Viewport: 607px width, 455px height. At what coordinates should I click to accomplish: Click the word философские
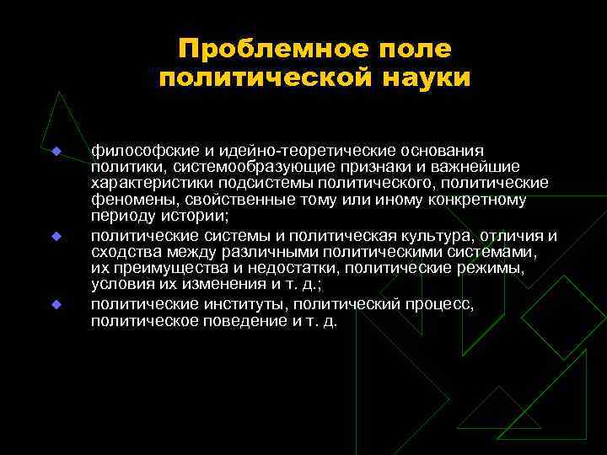[135, 150]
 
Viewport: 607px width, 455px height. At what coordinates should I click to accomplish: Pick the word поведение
[241, 321]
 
